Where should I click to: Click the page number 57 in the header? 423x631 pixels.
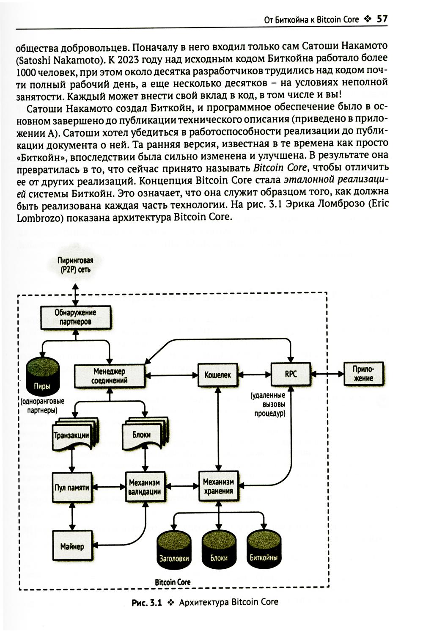[382, 19]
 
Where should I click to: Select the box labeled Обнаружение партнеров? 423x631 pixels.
[76, 317]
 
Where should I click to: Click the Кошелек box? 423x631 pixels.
[218, 375]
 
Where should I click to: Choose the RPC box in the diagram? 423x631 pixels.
[291, 374]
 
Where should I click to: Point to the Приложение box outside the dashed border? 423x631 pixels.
[363, 374]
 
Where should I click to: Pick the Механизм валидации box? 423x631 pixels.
[145, 487]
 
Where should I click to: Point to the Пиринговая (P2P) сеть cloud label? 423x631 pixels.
[75, 265]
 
